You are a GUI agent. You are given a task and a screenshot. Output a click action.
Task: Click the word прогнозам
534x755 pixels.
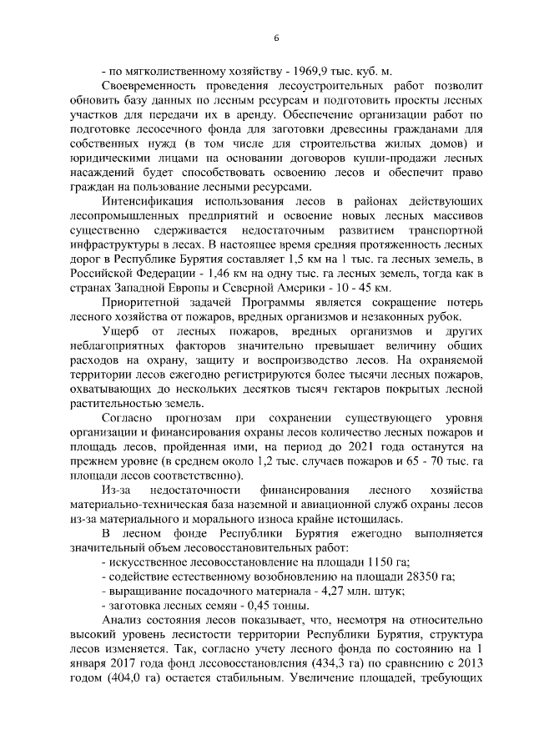coord(193,420)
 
